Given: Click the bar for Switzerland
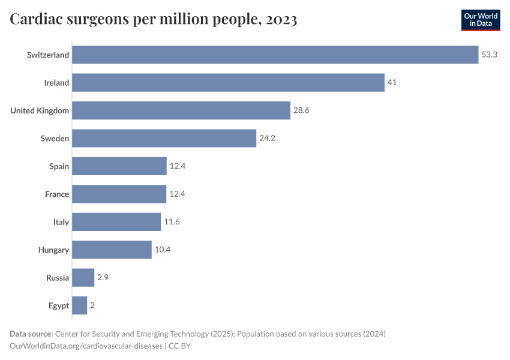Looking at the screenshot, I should coord(275,55).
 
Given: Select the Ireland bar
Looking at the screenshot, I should coord(228,83).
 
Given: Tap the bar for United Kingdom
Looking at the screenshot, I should coord(181,110).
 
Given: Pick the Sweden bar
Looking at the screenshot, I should coord(164,139).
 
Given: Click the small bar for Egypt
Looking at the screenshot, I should coord(80,305).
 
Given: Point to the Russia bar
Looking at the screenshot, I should coord(83,278).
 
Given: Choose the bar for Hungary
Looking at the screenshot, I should coord(112,250).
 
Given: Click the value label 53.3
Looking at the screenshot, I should coord(490,55).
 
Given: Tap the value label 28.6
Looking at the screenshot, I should coord(301,110).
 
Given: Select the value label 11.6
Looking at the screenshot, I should coord(172,222).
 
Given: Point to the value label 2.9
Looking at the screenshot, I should coord(103,278).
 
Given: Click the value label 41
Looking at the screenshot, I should coord(392,83).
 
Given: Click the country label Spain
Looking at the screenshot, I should coord(59,166).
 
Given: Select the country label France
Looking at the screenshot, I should coord(57,194).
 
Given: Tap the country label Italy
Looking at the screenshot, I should coord(61,222).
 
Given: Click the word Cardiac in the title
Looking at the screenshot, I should coord(37,20).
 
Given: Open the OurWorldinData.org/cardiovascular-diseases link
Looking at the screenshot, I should coord(86,346).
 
